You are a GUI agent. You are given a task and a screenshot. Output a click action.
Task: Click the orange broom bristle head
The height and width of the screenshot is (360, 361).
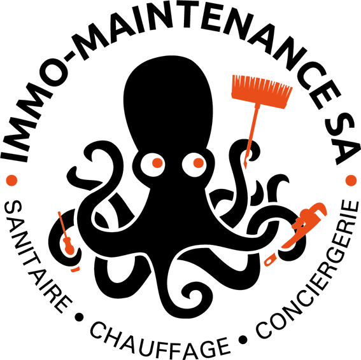[262, 92]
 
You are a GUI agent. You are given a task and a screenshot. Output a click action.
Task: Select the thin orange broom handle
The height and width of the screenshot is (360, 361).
[251, 135]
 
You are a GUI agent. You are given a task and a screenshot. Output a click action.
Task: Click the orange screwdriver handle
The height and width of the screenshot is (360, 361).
[68, 246]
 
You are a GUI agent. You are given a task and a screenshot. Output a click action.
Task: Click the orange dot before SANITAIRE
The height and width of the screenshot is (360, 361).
[11, 180]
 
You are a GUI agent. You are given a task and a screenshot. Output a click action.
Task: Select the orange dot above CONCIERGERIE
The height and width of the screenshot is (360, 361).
[351, 181]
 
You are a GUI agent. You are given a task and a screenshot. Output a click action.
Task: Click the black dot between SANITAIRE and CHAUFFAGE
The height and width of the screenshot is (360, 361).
[79, 317]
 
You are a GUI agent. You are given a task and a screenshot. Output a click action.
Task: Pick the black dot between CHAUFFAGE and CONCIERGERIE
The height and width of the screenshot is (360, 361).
[243, 339]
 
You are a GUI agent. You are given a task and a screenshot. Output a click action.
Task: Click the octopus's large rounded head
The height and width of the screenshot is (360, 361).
[168, 104]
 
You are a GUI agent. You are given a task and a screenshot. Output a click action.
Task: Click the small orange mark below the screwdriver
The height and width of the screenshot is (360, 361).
[75, 269]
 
